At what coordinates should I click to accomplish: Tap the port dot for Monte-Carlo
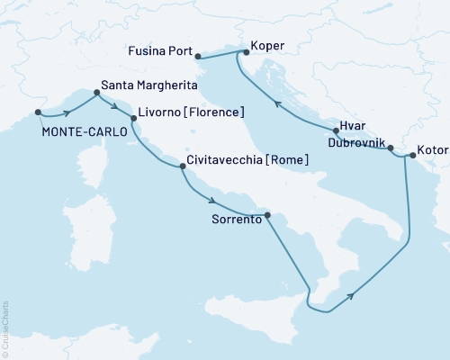(38, 112)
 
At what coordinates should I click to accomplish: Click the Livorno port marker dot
(133, 118)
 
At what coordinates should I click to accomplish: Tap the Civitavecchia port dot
(184, 166)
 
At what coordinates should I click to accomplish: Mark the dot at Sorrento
(267, 213)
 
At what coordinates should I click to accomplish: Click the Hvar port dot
(335, 131)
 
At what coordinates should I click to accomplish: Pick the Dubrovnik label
(357, 144)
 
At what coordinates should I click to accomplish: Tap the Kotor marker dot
(412, 156)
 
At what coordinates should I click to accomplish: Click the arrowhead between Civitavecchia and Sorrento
(210, 201)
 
